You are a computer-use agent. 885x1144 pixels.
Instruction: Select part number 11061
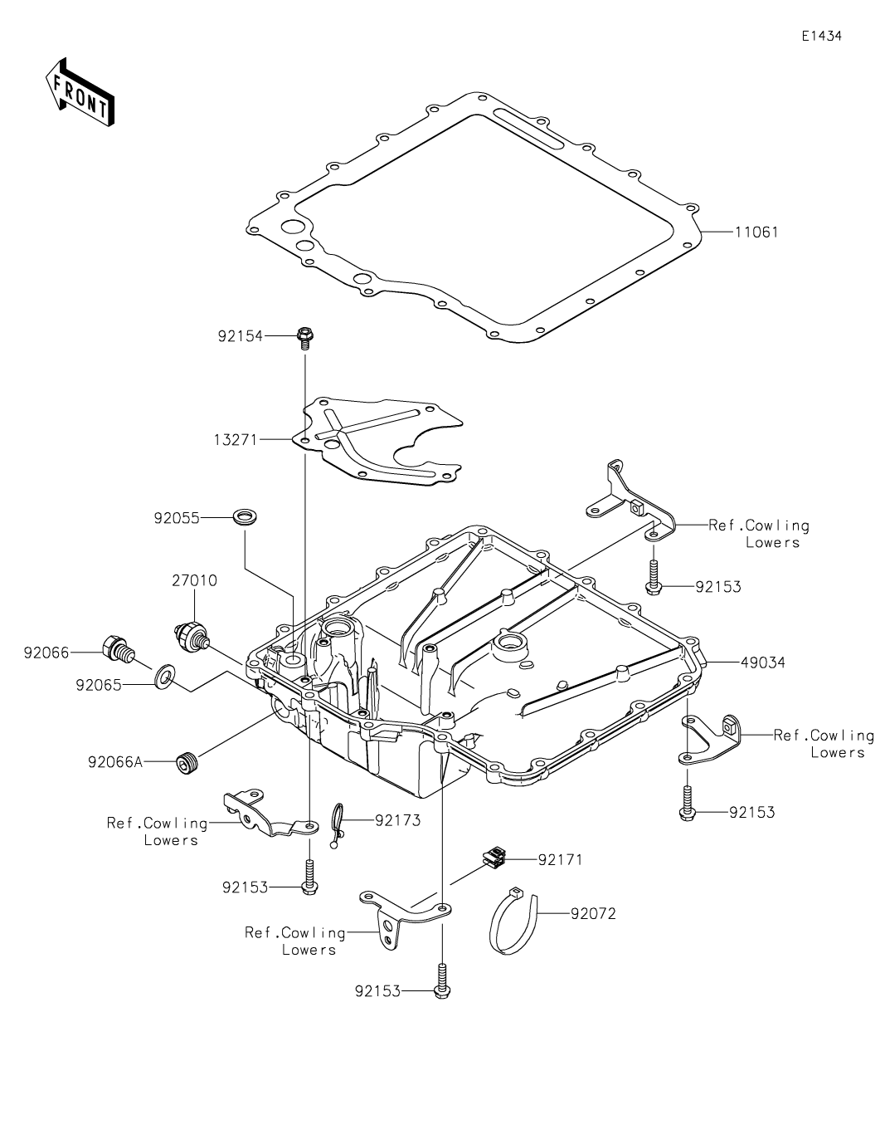756,232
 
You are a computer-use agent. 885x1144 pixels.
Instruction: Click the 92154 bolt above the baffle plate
304,337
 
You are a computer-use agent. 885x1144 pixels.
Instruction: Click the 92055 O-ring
245,518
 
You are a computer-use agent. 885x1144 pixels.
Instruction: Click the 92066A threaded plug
187,760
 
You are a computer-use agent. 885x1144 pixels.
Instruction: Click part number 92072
593,914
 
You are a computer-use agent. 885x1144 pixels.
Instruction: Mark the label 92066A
115,760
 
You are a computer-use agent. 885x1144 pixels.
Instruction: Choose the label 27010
195,580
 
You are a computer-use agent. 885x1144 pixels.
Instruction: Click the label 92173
397,820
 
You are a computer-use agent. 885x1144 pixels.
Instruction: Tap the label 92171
560,859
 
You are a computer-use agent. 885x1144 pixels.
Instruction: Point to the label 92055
177,518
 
